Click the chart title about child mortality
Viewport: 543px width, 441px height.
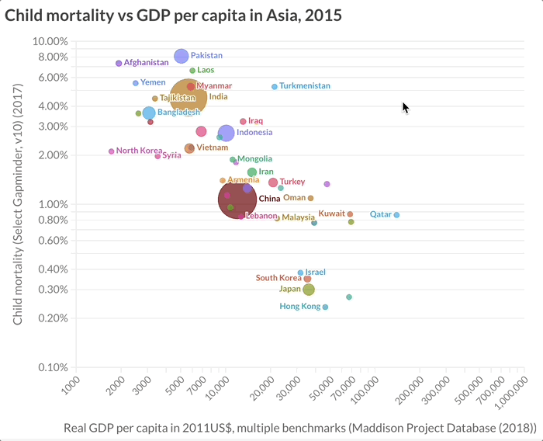click(x=173, y=15)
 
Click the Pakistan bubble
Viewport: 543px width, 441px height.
click(x=181, y=56)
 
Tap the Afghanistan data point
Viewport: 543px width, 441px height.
click(x=119, y=63)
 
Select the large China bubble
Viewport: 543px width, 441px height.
click(x=237, y=200)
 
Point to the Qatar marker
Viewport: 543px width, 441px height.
click(x=396, y=215)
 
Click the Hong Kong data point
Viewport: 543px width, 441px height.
click(x=325, y=307)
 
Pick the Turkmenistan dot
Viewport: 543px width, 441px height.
click(x=275, y=86)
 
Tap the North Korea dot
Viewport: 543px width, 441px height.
click(x=112, y=151)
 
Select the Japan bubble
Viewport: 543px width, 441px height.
click(x=309, y=290)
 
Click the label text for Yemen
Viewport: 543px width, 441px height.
click(x=152, y=82)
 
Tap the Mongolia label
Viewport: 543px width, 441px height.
click(x=254, y=158)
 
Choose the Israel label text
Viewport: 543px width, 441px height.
click(x=316, y=273)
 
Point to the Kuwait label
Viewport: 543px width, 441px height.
click(x=332, y=213)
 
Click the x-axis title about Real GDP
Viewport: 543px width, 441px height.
click(x=300, y=428)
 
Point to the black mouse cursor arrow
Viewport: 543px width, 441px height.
click(x=405, y=107)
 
